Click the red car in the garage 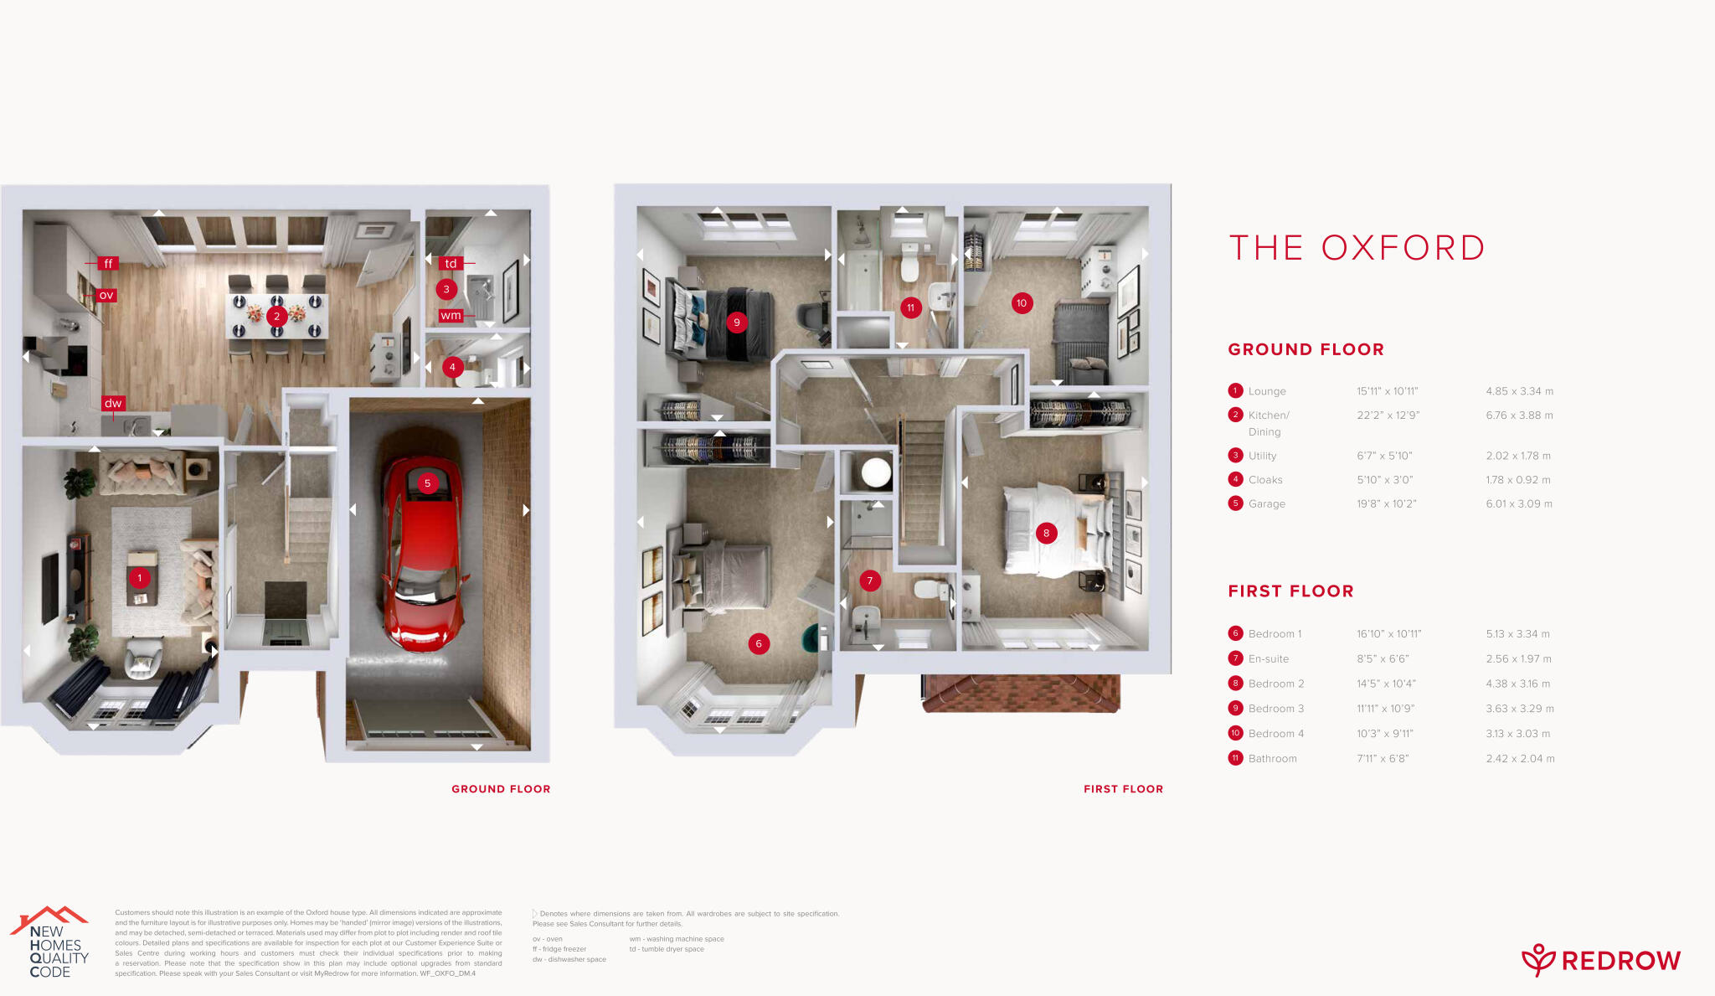[423, 553]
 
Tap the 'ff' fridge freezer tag [108, 264]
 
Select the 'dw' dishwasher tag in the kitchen [113, 404]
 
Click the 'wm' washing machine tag [451, 316]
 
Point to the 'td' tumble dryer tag [451, 263]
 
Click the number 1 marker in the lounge [139, 578]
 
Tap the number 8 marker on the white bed [1046, 533]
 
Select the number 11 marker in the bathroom [910, 307]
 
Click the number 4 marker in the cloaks [452, 367]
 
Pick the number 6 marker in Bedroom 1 [759, 643]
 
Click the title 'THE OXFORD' [1357, 248]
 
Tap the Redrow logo [1600, 960]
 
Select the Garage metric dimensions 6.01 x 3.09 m [1519, 503]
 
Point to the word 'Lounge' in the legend [1267, 391]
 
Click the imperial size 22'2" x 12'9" [1388, 415]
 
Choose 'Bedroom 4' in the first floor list [1275, 734]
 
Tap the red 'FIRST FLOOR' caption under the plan [1123, 789]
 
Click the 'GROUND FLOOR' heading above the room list [1306, 349]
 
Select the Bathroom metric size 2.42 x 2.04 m [1520, 759]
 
